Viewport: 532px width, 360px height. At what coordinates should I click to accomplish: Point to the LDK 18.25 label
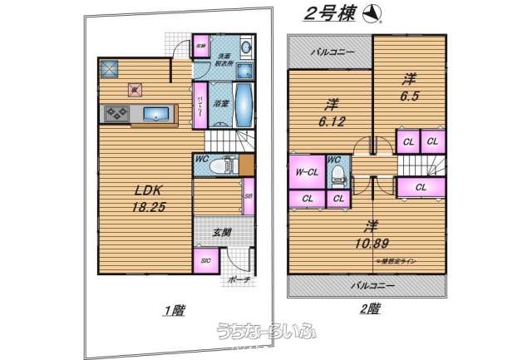[x=147, y=199]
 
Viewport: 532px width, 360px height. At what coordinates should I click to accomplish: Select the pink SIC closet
[x=205, y=261]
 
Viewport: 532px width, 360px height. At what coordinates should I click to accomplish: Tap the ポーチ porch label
[x=238, y=279]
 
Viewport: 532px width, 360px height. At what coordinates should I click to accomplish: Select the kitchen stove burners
[x=115, y=113]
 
